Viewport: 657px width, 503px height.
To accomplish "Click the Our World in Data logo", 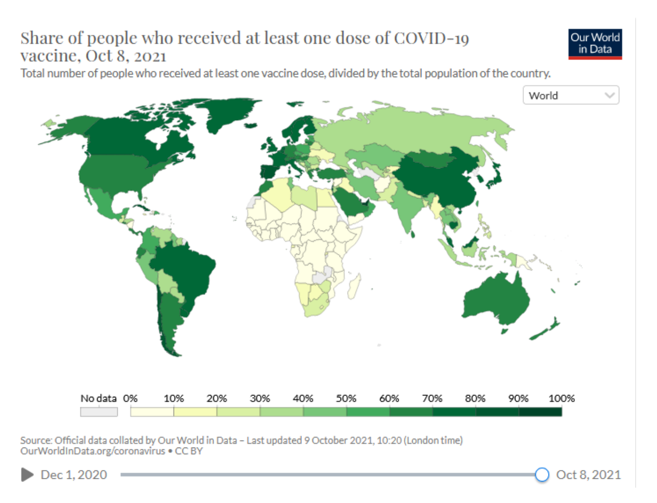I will point(595,44).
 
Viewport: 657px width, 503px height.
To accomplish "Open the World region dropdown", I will point(571,95).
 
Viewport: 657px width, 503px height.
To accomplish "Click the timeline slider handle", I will point(542,475).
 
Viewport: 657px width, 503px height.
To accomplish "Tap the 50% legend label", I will point(346,399).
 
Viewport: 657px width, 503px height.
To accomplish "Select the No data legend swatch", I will point(99,412).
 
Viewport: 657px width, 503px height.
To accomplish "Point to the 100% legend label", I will point(561,399).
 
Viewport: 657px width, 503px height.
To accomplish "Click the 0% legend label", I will point(130,399).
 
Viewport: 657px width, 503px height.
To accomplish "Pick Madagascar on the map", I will point(354,286).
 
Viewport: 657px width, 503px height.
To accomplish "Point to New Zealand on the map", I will point(547,329).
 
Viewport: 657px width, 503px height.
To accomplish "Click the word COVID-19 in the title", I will point(431,38).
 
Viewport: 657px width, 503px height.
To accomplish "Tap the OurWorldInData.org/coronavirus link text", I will point(93,451).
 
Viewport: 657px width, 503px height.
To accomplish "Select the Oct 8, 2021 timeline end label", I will point(588,475).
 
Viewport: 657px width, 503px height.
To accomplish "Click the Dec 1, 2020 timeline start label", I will point(74,475).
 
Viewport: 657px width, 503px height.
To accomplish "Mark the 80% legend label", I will point(475,399).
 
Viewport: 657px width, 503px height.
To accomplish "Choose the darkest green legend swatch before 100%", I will point(540,412).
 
